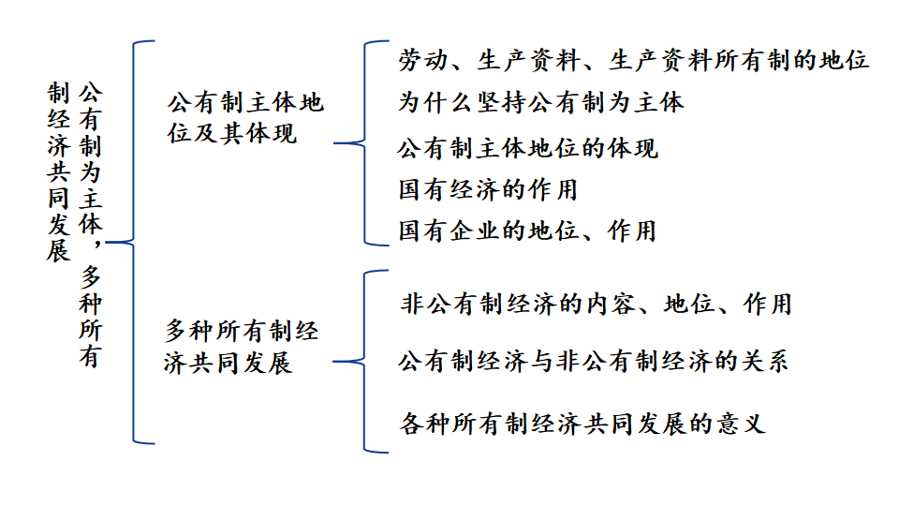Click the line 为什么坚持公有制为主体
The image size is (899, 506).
540,103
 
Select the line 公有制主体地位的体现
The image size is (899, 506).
527,148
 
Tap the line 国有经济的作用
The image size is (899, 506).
488,190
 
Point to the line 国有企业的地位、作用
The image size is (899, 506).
527,231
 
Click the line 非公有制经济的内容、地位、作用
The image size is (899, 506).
597,304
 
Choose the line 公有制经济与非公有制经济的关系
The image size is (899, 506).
594,362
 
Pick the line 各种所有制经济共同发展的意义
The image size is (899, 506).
582,424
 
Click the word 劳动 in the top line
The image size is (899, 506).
423,60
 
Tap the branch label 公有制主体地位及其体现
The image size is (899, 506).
245,118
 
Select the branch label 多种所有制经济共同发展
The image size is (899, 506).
241,347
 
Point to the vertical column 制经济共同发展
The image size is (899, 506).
58,171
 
